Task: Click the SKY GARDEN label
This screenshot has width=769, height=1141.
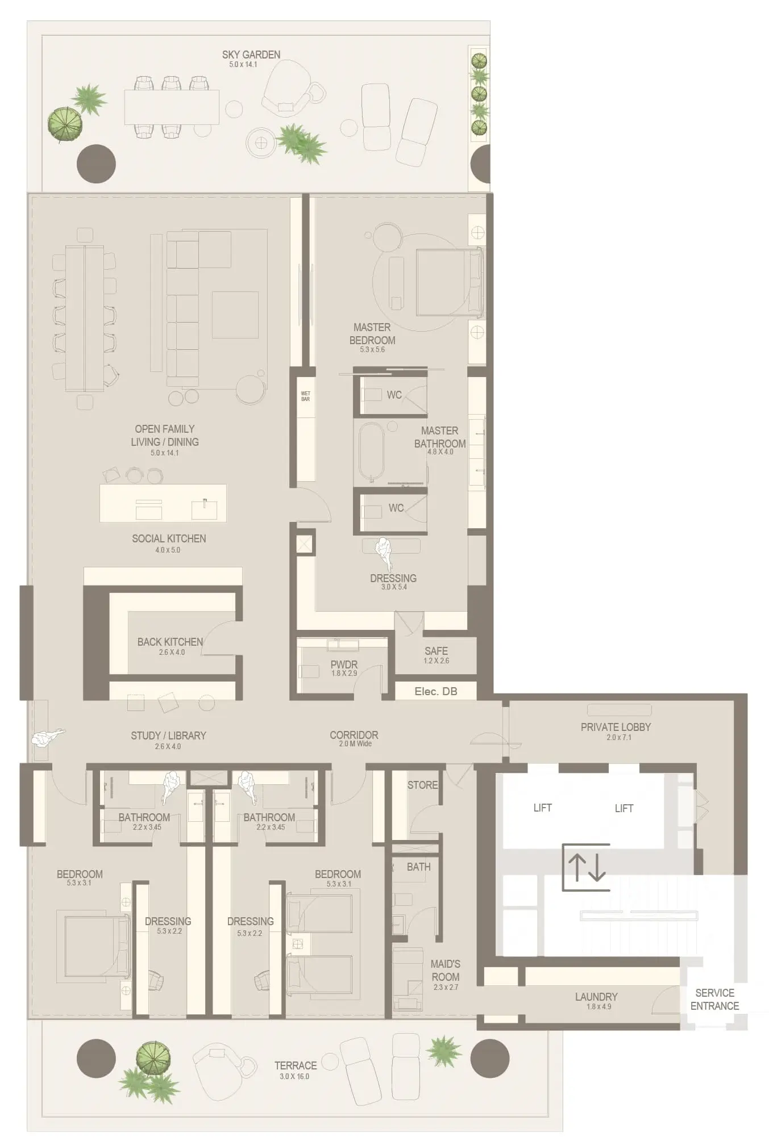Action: coord(251,55)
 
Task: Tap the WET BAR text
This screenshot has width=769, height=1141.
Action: coord(306,396)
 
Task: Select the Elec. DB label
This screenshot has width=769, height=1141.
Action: coord(436,691)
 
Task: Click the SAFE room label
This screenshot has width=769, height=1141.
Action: coord(436,651)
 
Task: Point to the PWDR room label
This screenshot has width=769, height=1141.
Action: coord(344,664)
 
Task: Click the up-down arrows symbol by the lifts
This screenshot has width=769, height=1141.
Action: coord(587,867)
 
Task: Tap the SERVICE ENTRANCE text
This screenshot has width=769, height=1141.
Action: coord(714,999)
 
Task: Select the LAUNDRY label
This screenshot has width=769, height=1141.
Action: coord(596,997)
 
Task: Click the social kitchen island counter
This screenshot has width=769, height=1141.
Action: coord(163,503)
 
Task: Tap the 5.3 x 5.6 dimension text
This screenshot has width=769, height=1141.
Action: coord(372,350)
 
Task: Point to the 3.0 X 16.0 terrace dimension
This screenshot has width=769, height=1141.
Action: coord(294,1076)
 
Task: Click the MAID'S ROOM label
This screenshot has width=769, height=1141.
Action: coord(445,970)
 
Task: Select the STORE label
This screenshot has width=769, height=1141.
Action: coord(422,785)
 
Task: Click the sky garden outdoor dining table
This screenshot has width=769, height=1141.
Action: coord(172,107)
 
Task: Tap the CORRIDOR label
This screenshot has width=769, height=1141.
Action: coord(354,735)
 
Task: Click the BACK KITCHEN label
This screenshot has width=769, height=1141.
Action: coord(170,642)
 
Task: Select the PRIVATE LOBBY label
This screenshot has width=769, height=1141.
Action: coord(616,727)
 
